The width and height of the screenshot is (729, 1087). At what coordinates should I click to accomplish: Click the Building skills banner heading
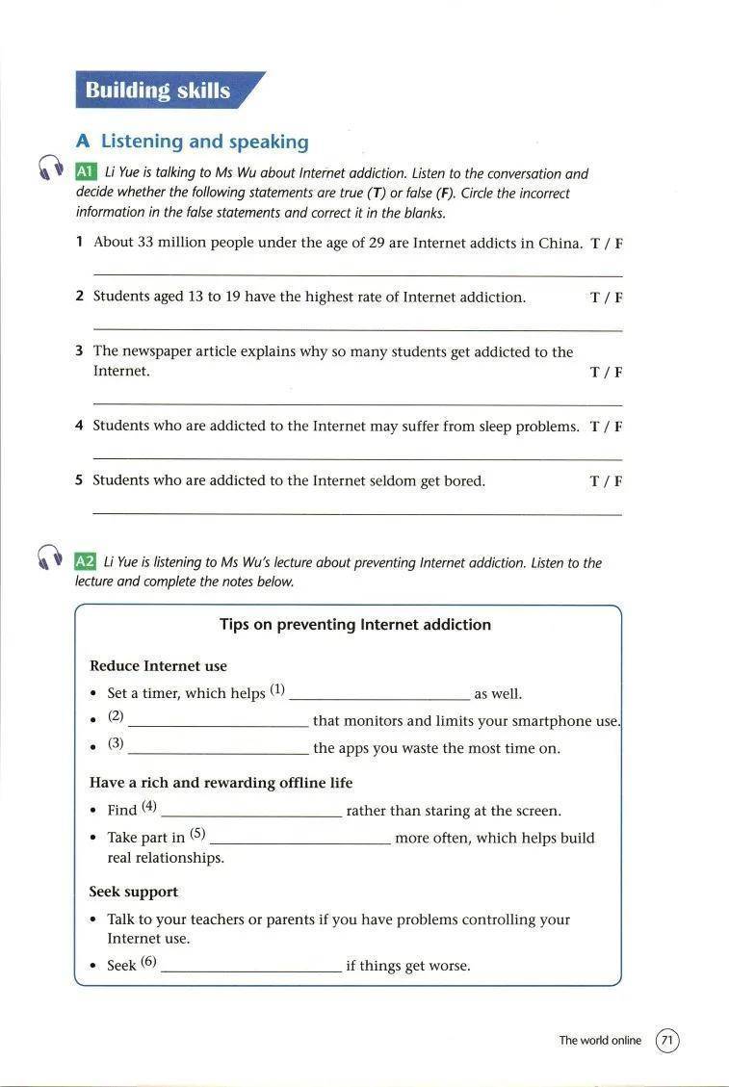(x=158, y=91)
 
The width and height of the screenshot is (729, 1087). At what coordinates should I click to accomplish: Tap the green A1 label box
(x=85, y=172)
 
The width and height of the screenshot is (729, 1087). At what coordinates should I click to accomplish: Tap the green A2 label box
(x=85, y=561)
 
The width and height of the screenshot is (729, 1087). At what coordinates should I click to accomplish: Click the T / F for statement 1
(x=606, y=243)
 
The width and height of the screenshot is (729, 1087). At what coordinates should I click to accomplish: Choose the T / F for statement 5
(x=606, y=481)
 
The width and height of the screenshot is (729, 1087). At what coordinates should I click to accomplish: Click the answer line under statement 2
(x=357, y=329)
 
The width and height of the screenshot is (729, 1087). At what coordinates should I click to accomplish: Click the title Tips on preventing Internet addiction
(x=355, y=625)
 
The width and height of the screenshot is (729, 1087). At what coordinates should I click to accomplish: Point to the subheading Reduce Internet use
(x=158, y=666)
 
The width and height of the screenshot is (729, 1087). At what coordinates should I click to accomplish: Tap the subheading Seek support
(x=134, y=893)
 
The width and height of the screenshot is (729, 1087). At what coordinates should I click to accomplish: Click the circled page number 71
(x=667, y=1041)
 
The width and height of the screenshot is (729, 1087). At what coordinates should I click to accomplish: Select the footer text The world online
(x=600, y=1041)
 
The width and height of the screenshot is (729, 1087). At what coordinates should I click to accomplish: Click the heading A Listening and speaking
(x=193, y=142)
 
